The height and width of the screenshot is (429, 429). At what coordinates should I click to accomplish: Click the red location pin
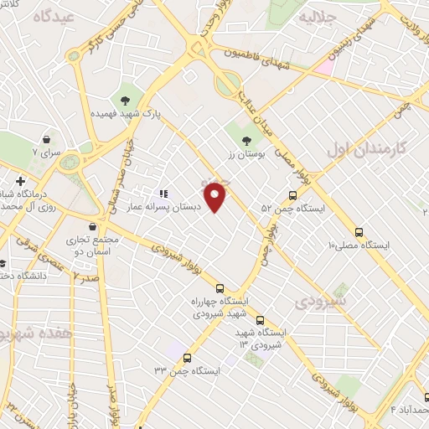216,196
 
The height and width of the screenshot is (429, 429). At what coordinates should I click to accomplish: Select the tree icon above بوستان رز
246,141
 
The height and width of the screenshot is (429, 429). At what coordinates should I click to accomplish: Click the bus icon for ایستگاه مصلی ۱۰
359,232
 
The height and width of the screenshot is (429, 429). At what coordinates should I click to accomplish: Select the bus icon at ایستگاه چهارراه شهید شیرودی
220,287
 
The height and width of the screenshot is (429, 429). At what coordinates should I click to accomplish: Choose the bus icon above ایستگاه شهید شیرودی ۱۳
260,319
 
